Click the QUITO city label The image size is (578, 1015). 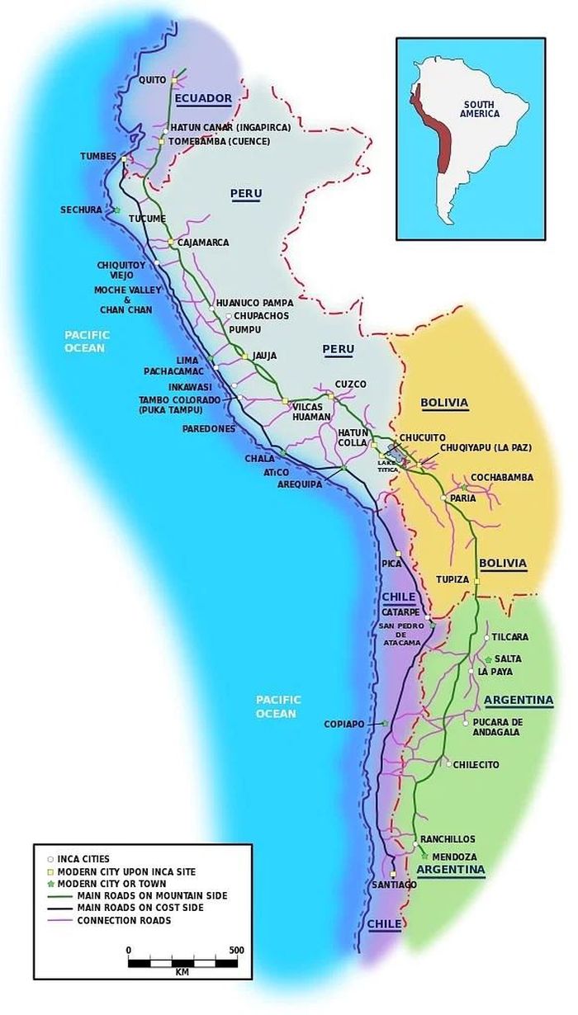tap(152, 80)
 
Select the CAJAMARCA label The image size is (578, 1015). tap(203, 243)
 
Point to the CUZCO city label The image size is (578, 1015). tap(350, 385)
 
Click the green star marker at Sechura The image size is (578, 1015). tap(116, 210)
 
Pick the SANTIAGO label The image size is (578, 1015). tap(394, 885)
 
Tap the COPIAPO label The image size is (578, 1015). tap(344, 725)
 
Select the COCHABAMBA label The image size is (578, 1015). tap(502, 478)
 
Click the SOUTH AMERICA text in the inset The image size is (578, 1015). tap(481, 108)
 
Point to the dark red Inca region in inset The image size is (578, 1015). tap(429, 124)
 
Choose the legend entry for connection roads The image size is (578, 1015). tap(124, 920)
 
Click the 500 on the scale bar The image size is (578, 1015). tap(237, 951)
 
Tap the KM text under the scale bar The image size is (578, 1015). tap(182, 971)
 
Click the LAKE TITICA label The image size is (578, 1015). tap(388, 465)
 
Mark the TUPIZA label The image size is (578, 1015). tap(452, 579)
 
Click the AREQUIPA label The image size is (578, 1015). tap(300, 484)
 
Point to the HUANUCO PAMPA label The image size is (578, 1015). tap(254, 304)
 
